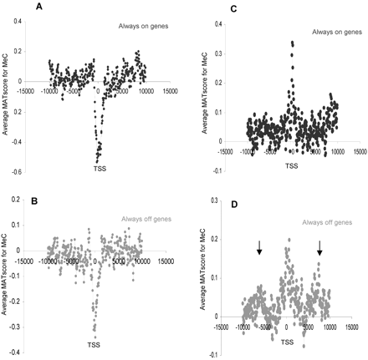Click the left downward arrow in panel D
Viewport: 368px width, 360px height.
259,247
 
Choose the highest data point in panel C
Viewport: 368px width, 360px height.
292,42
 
